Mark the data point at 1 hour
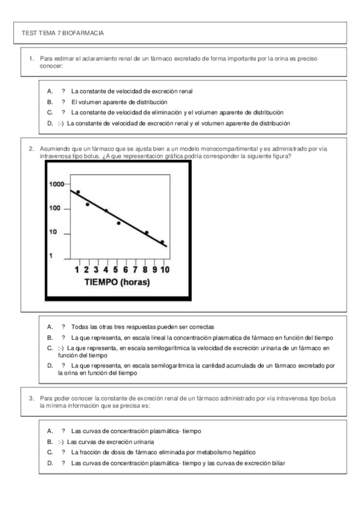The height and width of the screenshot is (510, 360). [78, 192]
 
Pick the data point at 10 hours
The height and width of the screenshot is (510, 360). [162, 242]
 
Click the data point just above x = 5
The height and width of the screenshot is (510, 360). [118, 223]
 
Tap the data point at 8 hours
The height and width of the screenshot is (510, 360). [146, 232]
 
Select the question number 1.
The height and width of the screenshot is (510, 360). [31, 59]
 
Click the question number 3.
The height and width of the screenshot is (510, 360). [31, 398]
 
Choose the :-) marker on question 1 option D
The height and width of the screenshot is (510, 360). [60, 124]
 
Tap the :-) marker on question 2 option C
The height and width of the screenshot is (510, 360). [60, 348]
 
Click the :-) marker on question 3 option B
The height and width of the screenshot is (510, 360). [60, 441]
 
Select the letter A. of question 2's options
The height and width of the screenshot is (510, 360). [50, 327]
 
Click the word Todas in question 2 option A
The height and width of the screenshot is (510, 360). [79, 327]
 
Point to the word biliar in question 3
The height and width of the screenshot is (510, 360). [277, 463]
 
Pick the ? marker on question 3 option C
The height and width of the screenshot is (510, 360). [63, 452]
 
